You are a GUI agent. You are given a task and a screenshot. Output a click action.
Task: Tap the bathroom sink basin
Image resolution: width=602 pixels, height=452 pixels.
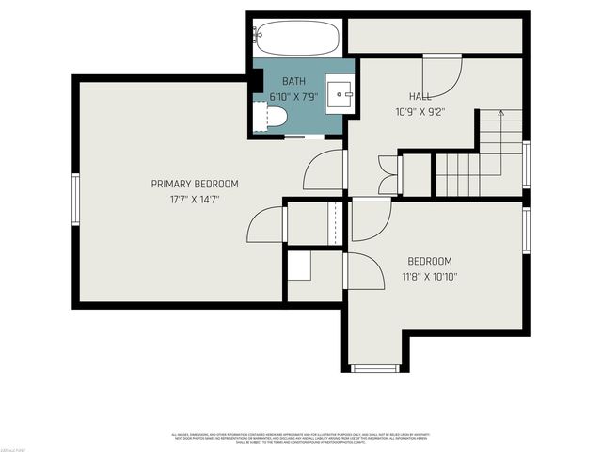point(339,93)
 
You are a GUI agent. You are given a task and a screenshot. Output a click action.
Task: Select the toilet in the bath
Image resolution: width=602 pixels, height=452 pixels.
point(274,118)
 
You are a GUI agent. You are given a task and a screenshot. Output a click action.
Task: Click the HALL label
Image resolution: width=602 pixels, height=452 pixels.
point(420,96)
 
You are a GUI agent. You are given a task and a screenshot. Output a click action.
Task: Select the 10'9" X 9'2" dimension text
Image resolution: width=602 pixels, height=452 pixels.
point(420,110)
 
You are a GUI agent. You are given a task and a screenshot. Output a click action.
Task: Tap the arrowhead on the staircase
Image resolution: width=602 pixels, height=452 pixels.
point(501,114)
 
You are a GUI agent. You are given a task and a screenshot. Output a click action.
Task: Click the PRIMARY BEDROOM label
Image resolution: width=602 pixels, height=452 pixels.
point(195,184)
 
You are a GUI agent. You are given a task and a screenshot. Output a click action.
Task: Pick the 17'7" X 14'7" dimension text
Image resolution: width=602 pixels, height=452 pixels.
point(195,199)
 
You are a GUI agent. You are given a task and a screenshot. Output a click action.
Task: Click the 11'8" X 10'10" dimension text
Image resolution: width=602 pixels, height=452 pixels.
point(429,277)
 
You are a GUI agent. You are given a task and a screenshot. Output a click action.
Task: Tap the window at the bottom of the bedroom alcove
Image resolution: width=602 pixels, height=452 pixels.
point(375,368)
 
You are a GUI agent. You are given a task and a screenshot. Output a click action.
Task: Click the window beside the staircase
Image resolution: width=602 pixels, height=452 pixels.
point(526,165)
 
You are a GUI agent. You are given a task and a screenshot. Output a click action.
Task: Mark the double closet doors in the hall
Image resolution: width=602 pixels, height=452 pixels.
point(388,174)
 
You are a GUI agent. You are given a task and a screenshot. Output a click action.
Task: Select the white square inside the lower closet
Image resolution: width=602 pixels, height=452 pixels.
point(299,266)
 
